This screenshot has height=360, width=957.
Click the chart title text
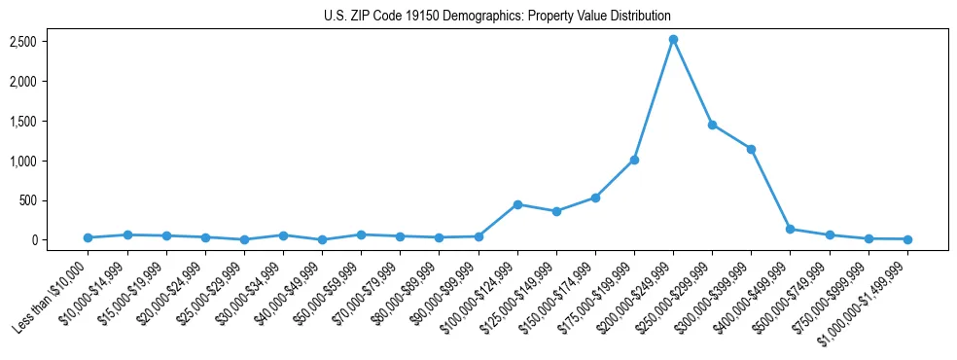click(497, 16)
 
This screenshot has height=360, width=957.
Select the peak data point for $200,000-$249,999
click(673, 40)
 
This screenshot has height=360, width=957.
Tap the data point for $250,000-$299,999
click(712, 125)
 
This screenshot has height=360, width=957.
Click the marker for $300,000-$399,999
click(751, 149)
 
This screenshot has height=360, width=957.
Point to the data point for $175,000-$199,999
click(634, 160)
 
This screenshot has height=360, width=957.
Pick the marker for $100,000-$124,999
click(517, 204)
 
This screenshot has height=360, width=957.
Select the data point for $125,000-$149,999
click(556, 211)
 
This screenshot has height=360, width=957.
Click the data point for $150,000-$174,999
click(595, 198)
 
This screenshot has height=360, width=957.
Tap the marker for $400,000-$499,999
click(790, 230)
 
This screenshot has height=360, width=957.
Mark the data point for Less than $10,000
click(89, 237)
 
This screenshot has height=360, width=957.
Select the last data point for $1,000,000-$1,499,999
click(906, 239)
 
